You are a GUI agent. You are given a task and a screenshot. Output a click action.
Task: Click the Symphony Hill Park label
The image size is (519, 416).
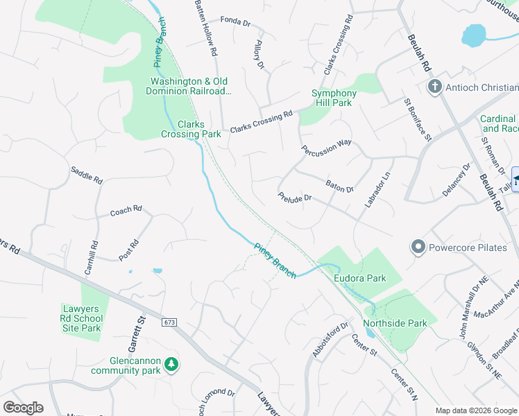334,98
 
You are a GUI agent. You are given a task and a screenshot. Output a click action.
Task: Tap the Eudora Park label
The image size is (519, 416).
359,278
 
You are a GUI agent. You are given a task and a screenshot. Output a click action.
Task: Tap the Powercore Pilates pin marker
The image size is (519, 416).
418,247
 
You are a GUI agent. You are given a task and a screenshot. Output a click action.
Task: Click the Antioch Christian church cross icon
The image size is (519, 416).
435,87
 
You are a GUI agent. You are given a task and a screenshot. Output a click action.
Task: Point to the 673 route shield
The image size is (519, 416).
170,322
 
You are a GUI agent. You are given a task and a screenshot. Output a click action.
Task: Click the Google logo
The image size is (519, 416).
23,408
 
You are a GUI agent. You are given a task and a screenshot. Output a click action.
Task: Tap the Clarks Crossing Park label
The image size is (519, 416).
191,129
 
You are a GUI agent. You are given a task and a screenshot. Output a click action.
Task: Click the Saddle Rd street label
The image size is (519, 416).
87,175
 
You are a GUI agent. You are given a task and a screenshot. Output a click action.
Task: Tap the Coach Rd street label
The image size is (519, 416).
126,211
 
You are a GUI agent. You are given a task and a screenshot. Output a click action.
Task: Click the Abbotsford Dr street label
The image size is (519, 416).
330,340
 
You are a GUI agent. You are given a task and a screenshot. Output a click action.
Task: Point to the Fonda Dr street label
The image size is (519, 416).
235,22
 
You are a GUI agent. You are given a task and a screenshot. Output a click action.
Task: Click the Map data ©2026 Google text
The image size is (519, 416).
476,410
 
